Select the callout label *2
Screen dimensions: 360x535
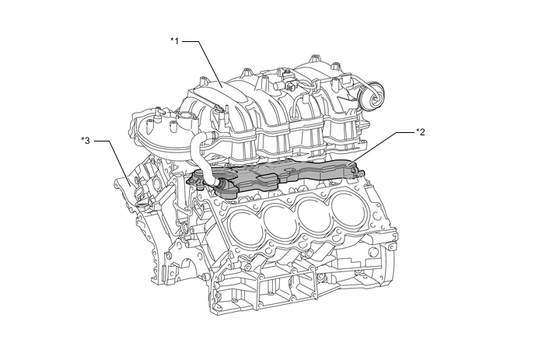(x=421, y=132)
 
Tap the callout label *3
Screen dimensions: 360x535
(x=86, y=141)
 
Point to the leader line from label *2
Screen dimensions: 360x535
(x=381, y=146)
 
